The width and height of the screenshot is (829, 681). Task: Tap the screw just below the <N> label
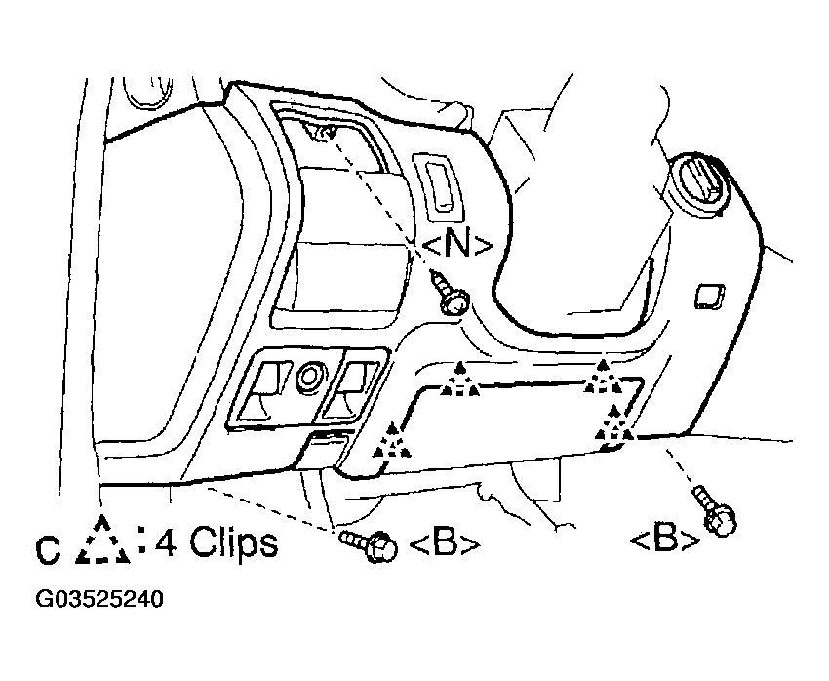449,296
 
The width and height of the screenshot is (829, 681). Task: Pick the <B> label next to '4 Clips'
445,544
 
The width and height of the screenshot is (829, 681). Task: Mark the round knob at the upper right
697,183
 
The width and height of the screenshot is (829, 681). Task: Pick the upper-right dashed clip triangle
601,378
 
